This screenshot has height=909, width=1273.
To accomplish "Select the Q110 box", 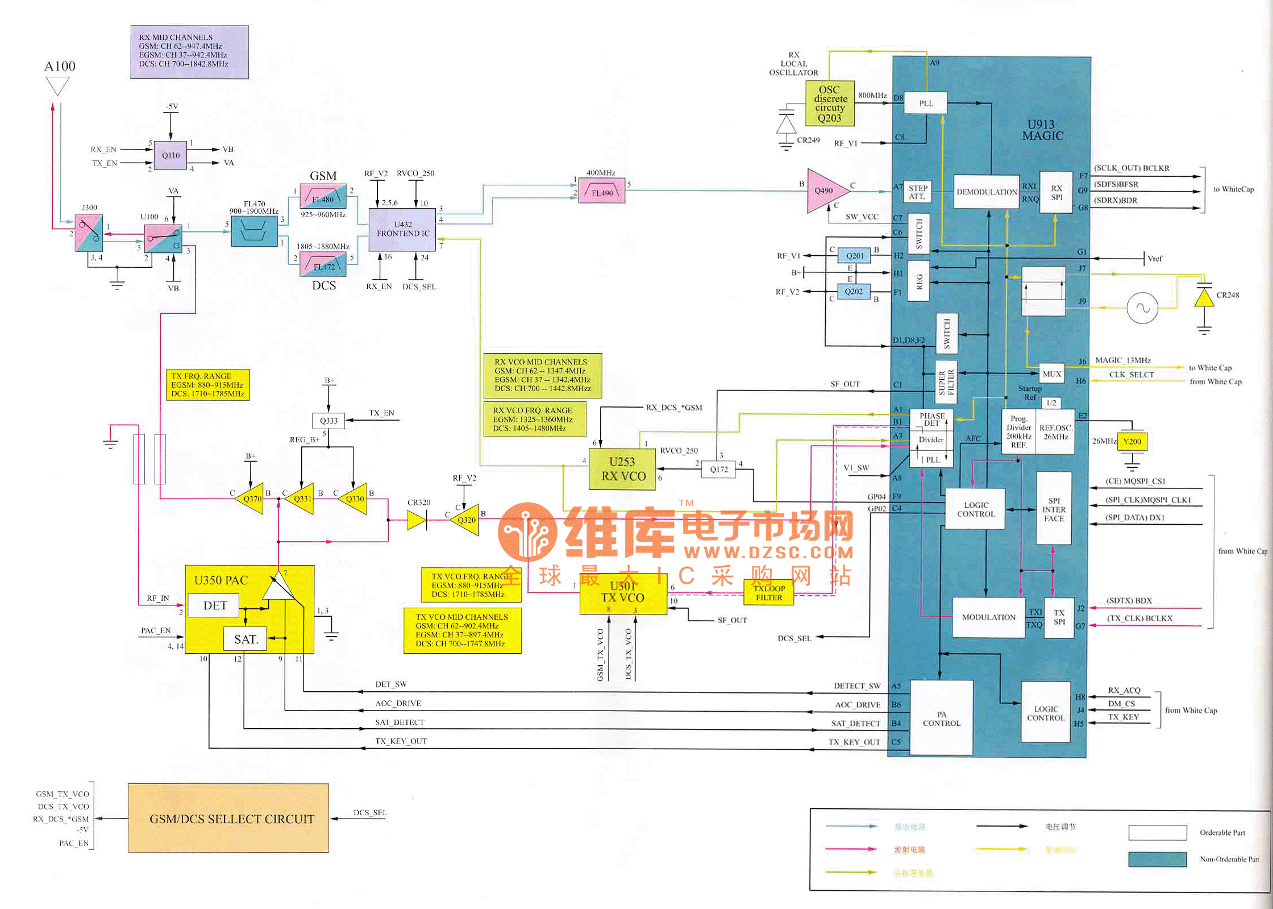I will [170, 155].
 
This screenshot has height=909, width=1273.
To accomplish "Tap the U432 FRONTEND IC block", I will [402, 229].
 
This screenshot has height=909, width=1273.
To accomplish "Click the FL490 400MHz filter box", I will [602, 192].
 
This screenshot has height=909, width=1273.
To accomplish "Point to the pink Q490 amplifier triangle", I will [825, 191].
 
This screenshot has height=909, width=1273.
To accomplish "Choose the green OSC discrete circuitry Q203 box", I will [830, 104].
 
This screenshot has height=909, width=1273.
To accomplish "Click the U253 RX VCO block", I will [622, 469].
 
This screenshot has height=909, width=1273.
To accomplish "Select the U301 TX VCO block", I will [623, 592].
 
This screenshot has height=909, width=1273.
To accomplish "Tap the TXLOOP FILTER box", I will [768, 593].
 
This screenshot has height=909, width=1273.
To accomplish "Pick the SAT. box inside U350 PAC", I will [246, 639].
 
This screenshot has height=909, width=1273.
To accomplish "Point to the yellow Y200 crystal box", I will [1131, 442].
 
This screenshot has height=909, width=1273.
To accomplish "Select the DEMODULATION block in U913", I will [986, 192].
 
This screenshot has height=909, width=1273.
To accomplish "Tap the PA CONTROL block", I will [941, 719].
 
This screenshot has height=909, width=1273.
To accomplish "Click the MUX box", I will [1051, 374].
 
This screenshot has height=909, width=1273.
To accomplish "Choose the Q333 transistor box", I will [328, 421].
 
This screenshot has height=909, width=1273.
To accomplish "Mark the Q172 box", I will [718, 469].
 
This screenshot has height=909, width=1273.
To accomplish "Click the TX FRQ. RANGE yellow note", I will [207, 385].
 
